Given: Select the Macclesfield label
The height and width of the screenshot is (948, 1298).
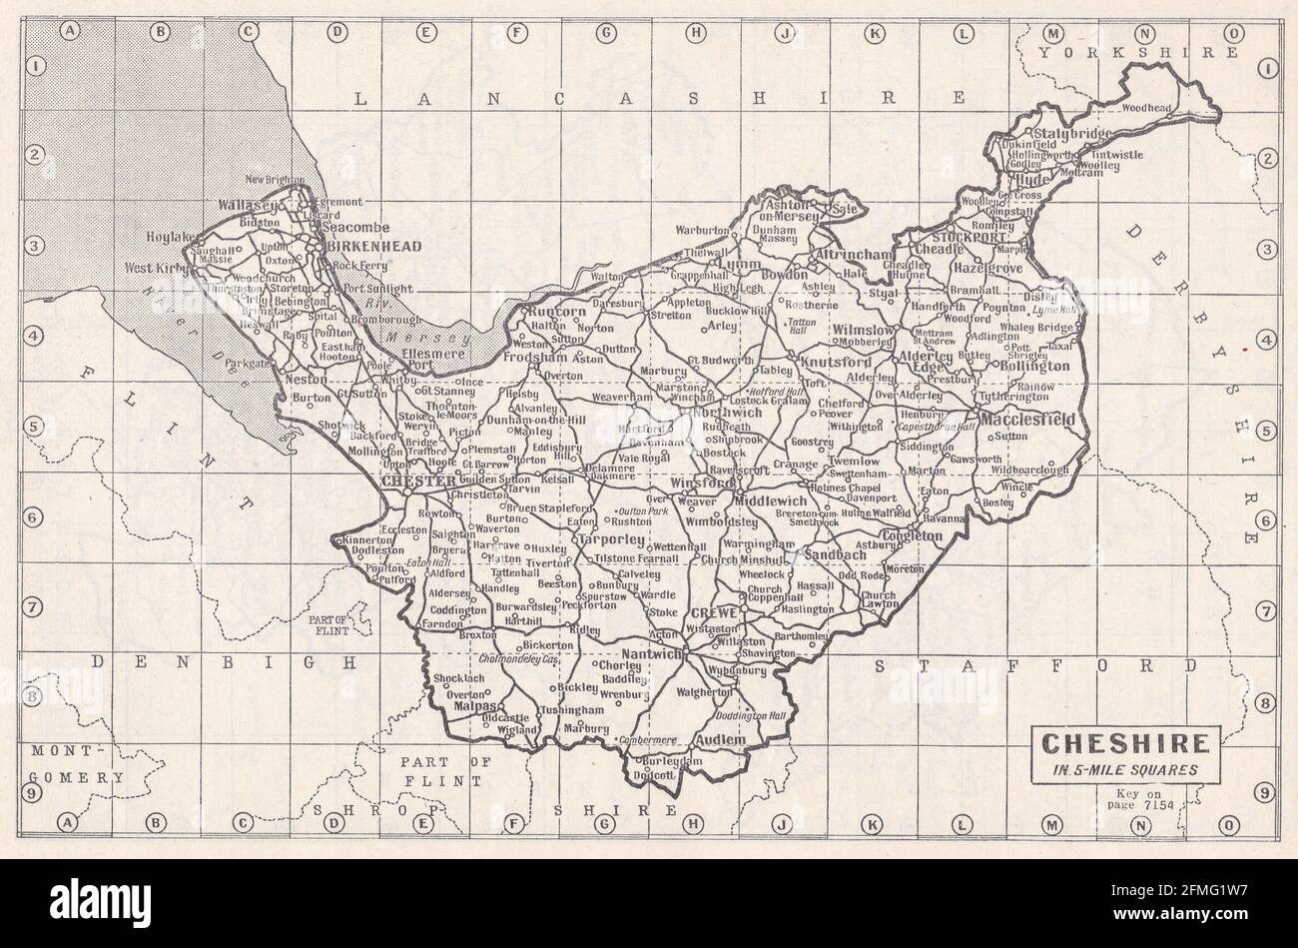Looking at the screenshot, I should [1028, 420].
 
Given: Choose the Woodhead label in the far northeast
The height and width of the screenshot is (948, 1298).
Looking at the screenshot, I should [1145, 107].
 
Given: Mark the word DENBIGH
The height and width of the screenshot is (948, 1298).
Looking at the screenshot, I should [222, 661].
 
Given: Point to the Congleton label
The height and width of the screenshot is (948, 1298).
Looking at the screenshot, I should [908, 535].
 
